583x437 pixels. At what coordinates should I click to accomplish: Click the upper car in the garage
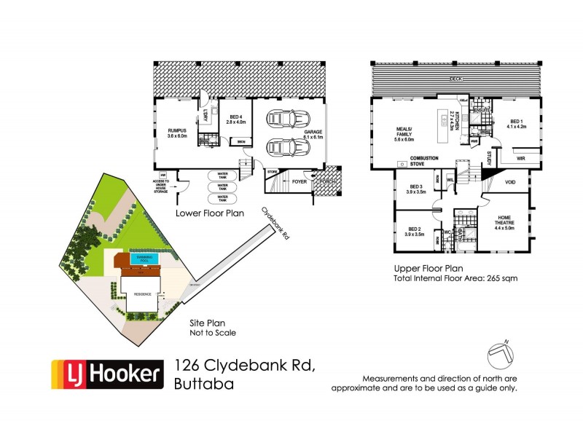[x=281, y=119]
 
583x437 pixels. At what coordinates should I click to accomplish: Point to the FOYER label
[x=300, y=181]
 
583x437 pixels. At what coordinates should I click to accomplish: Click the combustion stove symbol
[x=402, y=165]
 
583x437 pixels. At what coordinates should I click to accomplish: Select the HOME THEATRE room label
[x=504, y=221]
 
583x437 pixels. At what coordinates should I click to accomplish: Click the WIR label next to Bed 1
[x=520, y=157]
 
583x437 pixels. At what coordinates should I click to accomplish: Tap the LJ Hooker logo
[x=105, y=374]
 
